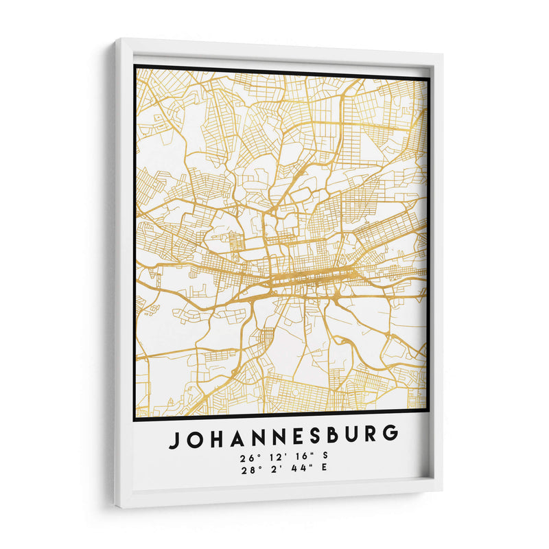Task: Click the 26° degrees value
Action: point(248,458)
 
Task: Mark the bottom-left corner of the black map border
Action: point(135,419)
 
